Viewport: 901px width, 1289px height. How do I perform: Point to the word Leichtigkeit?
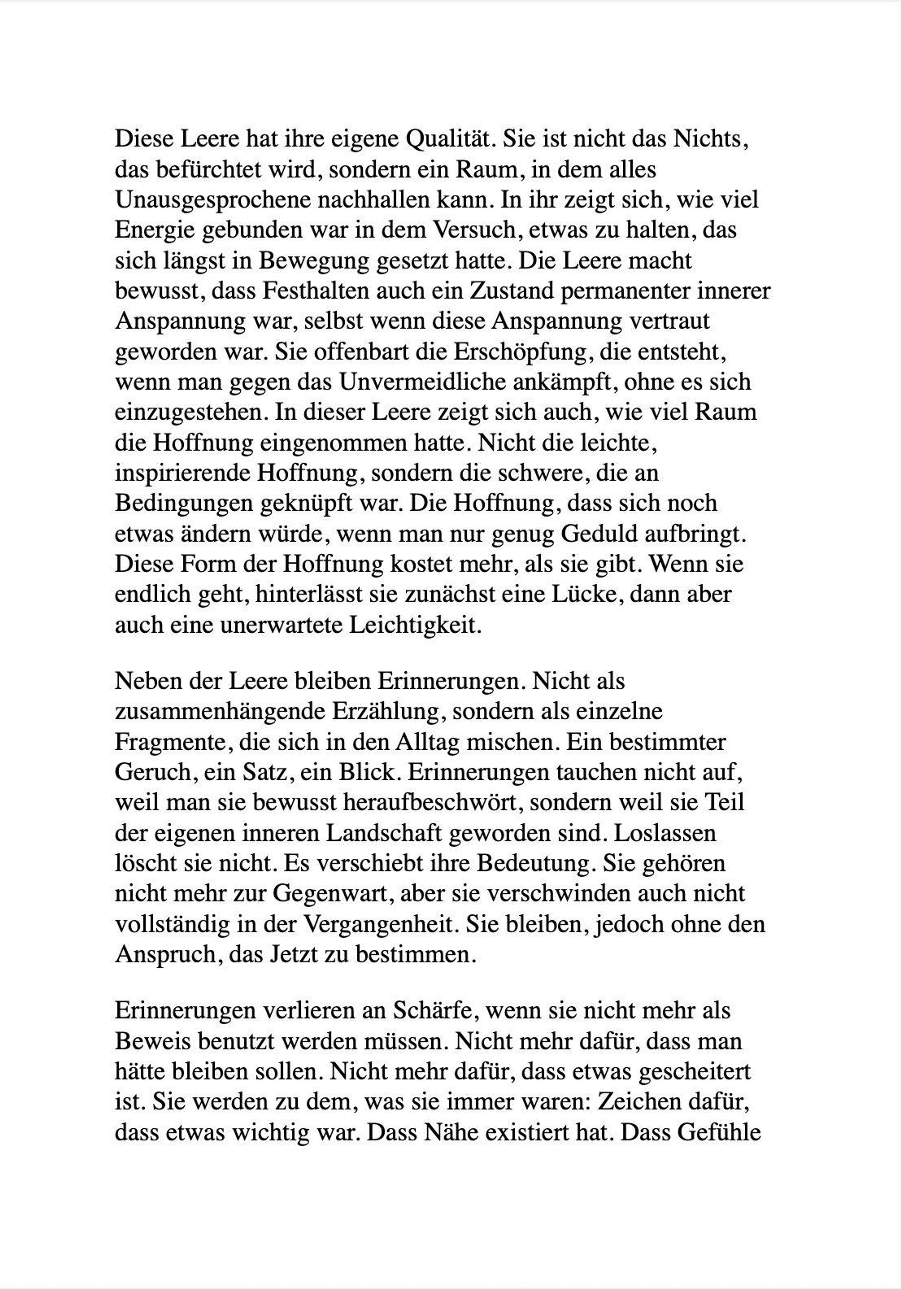click(x=415, y=625)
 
